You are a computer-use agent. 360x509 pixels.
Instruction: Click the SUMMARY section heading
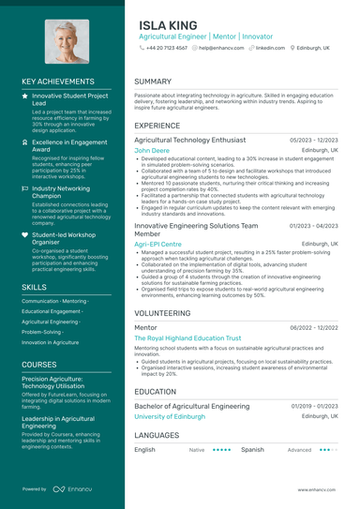tap(153, 82)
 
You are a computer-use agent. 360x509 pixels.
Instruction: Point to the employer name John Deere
tap(152, 150)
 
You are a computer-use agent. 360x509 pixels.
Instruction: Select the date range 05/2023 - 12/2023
tap(314, 140)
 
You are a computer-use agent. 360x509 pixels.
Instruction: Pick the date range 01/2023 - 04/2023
tap(314, 226)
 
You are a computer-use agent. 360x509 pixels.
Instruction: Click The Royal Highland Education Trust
tap(187, 337)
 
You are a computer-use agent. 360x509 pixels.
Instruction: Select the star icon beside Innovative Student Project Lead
tap(25, 96)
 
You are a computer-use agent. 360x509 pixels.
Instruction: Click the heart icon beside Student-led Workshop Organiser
tap(25, 234)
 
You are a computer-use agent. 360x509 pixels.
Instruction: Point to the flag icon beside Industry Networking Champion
tap(25, 187)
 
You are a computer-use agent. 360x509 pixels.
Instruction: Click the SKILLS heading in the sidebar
tap(34, 287)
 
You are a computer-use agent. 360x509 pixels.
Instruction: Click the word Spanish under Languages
tap(252, 450)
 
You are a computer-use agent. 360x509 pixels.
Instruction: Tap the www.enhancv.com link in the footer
tap(317, 489)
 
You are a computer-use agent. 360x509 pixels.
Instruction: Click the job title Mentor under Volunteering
tap(145, 327)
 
